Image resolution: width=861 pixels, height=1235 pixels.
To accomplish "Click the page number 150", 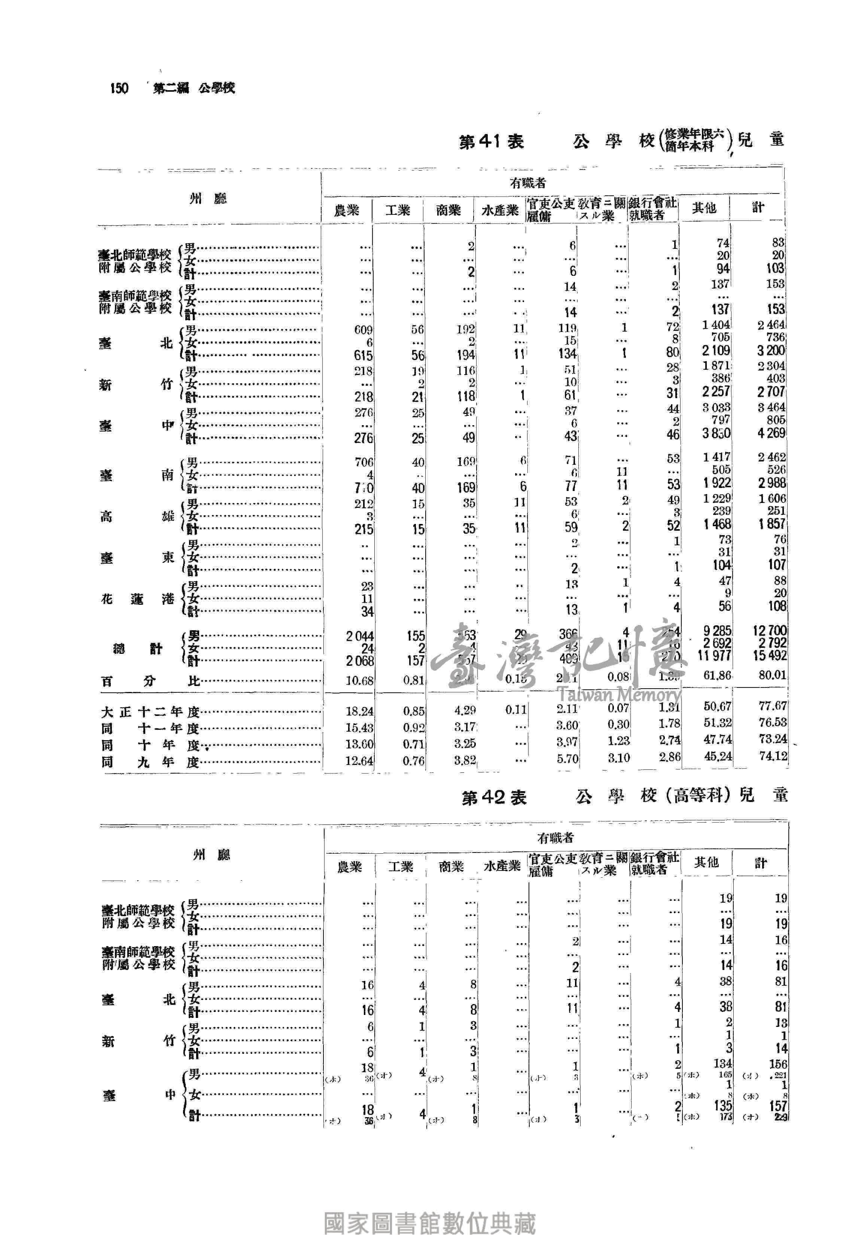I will click(119, 88).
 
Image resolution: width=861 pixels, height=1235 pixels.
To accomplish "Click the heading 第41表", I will click(491, 142).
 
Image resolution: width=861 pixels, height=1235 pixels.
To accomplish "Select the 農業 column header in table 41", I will click(347, 210).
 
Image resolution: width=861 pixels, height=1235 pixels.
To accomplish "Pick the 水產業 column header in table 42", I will click(502, 866).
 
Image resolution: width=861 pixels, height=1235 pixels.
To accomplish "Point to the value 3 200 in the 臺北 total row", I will click(771, 351).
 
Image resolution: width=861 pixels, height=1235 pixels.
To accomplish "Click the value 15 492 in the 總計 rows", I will click(770, 656).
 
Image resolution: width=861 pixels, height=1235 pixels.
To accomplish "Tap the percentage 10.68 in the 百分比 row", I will click(359, 680).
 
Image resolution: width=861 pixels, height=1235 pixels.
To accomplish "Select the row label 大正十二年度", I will click(150, 712).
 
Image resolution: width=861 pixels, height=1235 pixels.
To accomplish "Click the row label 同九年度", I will click(150, 762).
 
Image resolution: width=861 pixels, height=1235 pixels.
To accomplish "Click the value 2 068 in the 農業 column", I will click(359, 661).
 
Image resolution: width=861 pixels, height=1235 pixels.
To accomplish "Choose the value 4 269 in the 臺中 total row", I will click(771, 433).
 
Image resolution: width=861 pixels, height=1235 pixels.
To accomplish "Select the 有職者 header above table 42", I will click(556, 838).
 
